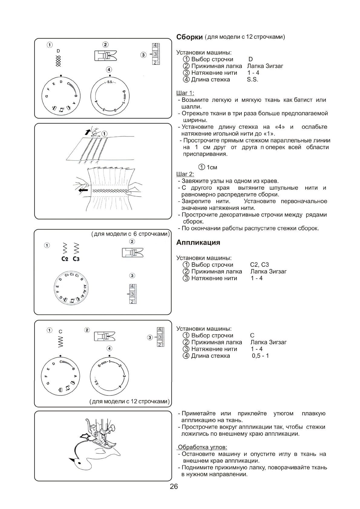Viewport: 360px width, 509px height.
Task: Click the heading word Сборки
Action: (189, 37)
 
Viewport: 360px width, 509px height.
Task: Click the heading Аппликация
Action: (198, 243)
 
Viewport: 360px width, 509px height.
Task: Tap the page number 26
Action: (174, 487)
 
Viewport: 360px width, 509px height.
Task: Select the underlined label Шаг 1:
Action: (185, 93)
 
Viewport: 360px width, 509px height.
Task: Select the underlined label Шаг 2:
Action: (185, 174)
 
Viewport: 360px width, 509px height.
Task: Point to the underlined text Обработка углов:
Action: (202, 447)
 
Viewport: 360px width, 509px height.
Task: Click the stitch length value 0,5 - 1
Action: (260, 356)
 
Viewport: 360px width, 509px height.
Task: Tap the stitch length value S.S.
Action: (253, 80)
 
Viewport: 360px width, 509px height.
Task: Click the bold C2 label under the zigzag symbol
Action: (65, 259)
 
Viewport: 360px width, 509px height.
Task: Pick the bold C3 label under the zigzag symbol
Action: (76, 259)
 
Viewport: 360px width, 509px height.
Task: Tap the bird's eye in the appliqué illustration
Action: (79, 462)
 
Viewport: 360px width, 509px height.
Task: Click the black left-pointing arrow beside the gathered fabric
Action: (83, 190)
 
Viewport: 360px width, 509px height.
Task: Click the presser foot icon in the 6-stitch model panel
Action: (133, 253)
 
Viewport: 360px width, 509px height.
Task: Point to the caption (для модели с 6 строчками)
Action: (130, 234)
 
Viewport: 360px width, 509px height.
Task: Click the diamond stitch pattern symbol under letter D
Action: (58, 61)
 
